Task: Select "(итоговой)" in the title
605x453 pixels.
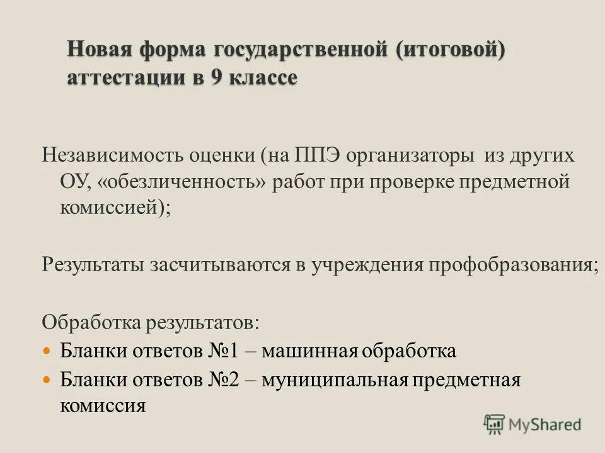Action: (451, 50)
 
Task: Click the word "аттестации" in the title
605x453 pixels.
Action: (124, 78)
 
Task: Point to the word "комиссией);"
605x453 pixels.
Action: (115, 209)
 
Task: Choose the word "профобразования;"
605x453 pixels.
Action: (514, 264)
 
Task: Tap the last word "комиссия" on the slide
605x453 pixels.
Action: (103, 405)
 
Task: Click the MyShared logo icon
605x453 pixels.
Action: (494, 423)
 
